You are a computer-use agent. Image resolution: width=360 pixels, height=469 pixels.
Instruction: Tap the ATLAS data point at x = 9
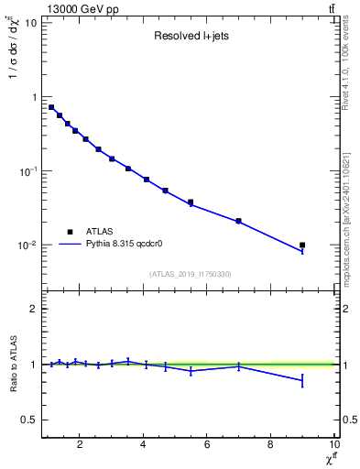[x=302, y=245]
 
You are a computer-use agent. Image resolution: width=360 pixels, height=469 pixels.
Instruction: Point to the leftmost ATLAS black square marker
[x=51, y=107]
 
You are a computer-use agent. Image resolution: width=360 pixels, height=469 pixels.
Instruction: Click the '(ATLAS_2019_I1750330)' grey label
[x=190, y=274]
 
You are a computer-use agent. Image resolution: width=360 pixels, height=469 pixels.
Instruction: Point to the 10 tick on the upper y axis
[x=30, y=22]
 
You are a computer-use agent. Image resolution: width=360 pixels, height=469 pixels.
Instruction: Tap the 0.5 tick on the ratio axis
[x=28, y=420]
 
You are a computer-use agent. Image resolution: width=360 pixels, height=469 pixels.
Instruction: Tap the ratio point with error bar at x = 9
[x=302, y=380]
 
